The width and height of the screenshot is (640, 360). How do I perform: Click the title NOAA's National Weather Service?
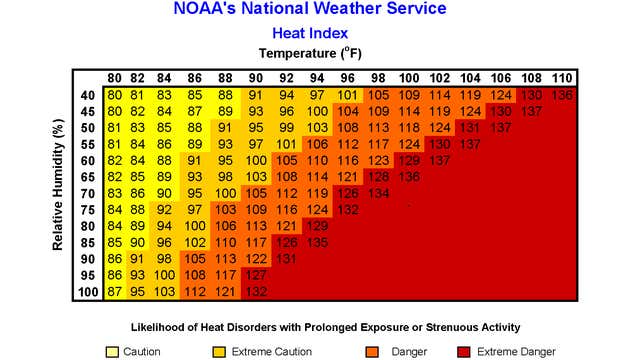322,11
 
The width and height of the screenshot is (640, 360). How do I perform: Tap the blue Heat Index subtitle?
322,32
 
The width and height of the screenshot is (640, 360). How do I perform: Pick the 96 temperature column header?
347,79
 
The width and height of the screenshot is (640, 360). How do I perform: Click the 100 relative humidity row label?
88,291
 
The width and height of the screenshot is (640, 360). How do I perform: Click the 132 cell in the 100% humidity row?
255,291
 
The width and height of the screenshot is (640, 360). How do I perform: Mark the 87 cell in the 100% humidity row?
116,291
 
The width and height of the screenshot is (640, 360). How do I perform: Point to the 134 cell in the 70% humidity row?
379,193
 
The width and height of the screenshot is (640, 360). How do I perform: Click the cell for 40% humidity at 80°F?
116,95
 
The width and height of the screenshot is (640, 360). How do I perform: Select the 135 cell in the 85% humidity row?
317,241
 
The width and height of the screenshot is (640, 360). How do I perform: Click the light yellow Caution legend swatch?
112,351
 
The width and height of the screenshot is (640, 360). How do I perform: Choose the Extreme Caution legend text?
272,351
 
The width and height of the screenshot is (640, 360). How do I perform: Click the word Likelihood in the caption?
161,327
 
